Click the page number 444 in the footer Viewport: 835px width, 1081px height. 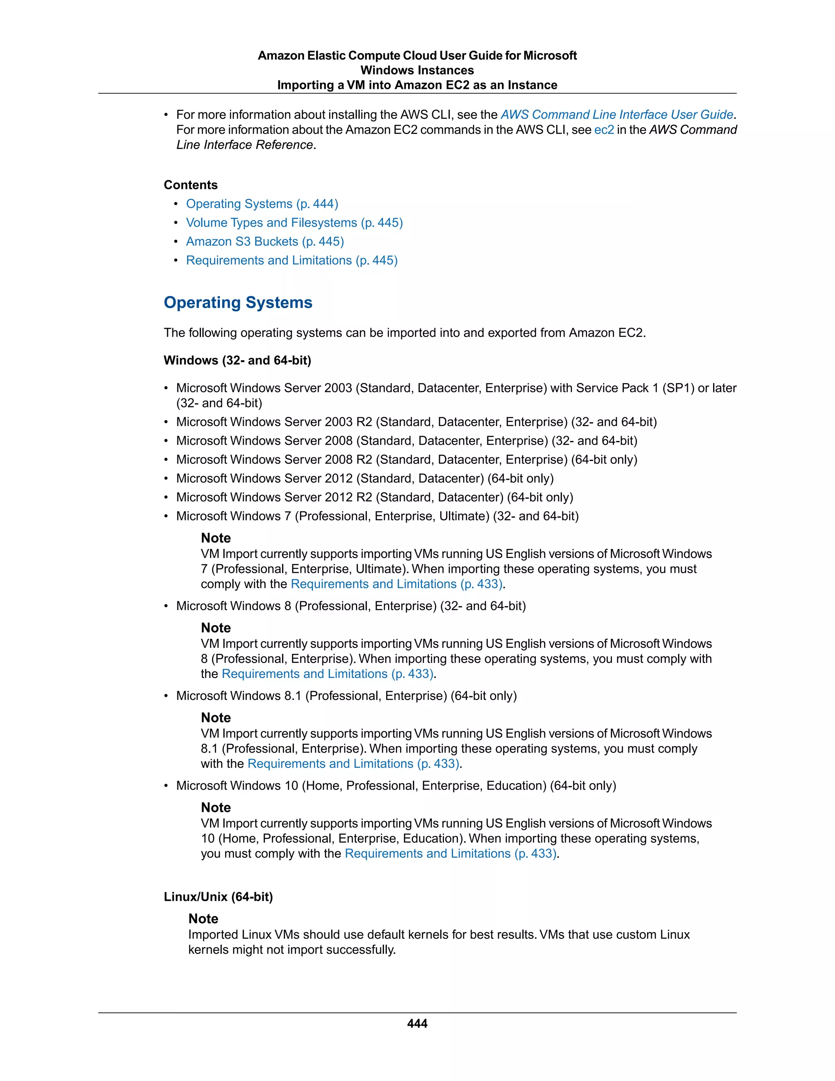coord(417,1023)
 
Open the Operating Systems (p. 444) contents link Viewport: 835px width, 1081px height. coord(262,204)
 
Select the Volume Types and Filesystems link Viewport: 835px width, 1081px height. coord(294,223)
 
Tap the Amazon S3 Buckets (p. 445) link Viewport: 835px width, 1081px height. coord(265,241)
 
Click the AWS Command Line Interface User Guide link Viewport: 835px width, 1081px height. coord(617,115)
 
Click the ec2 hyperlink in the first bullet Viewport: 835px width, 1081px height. coord(603,130)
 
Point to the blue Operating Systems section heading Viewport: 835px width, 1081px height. coord(238,302)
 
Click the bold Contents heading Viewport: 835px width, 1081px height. coord(190,185)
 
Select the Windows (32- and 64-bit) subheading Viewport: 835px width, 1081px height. coord(237,360)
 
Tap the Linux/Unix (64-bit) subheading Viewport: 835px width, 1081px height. coord(218,897)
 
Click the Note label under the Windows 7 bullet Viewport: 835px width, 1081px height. coord(216,538)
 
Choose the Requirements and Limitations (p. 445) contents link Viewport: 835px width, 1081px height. coord(292,260)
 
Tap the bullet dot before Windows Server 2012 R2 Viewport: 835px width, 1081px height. coord(166,497)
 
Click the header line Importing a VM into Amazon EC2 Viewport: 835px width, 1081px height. coord(417,85)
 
